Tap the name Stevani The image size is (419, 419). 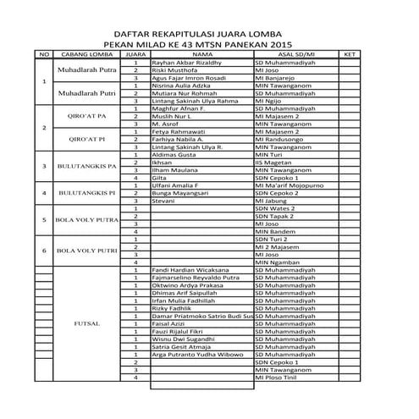tap(163, 201)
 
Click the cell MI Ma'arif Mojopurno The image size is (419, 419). tap(290, 185)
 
